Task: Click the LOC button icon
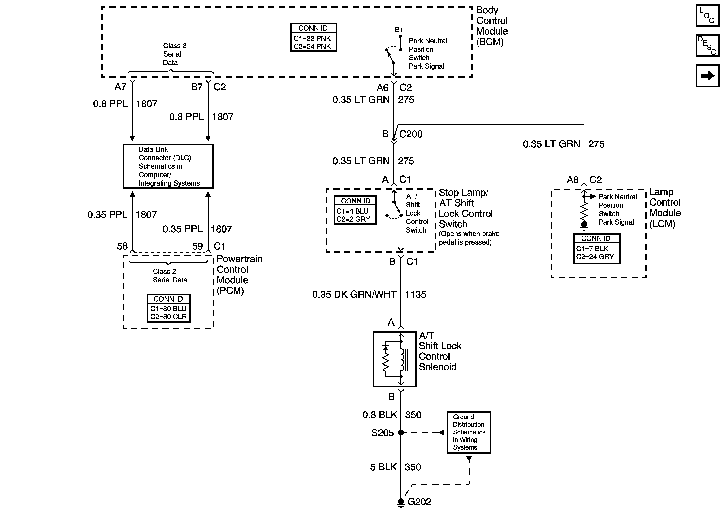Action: (x=707, y=15)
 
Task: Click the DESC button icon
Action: (x=707, y=46)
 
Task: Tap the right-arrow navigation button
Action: (x=707, y=75)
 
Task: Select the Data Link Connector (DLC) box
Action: (x=168, y=166)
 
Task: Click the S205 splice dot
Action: (x=401, y=433)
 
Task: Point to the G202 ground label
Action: (x=419, y=501)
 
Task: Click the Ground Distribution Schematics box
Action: (x=469, y=432)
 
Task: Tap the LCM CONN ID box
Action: (x=597, y=248)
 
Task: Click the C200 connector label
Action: (x=411, y=134)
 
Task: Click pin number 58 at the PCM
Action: (x=122, y=246)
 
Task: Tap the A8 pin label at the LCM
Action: (x=573, y=180)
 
